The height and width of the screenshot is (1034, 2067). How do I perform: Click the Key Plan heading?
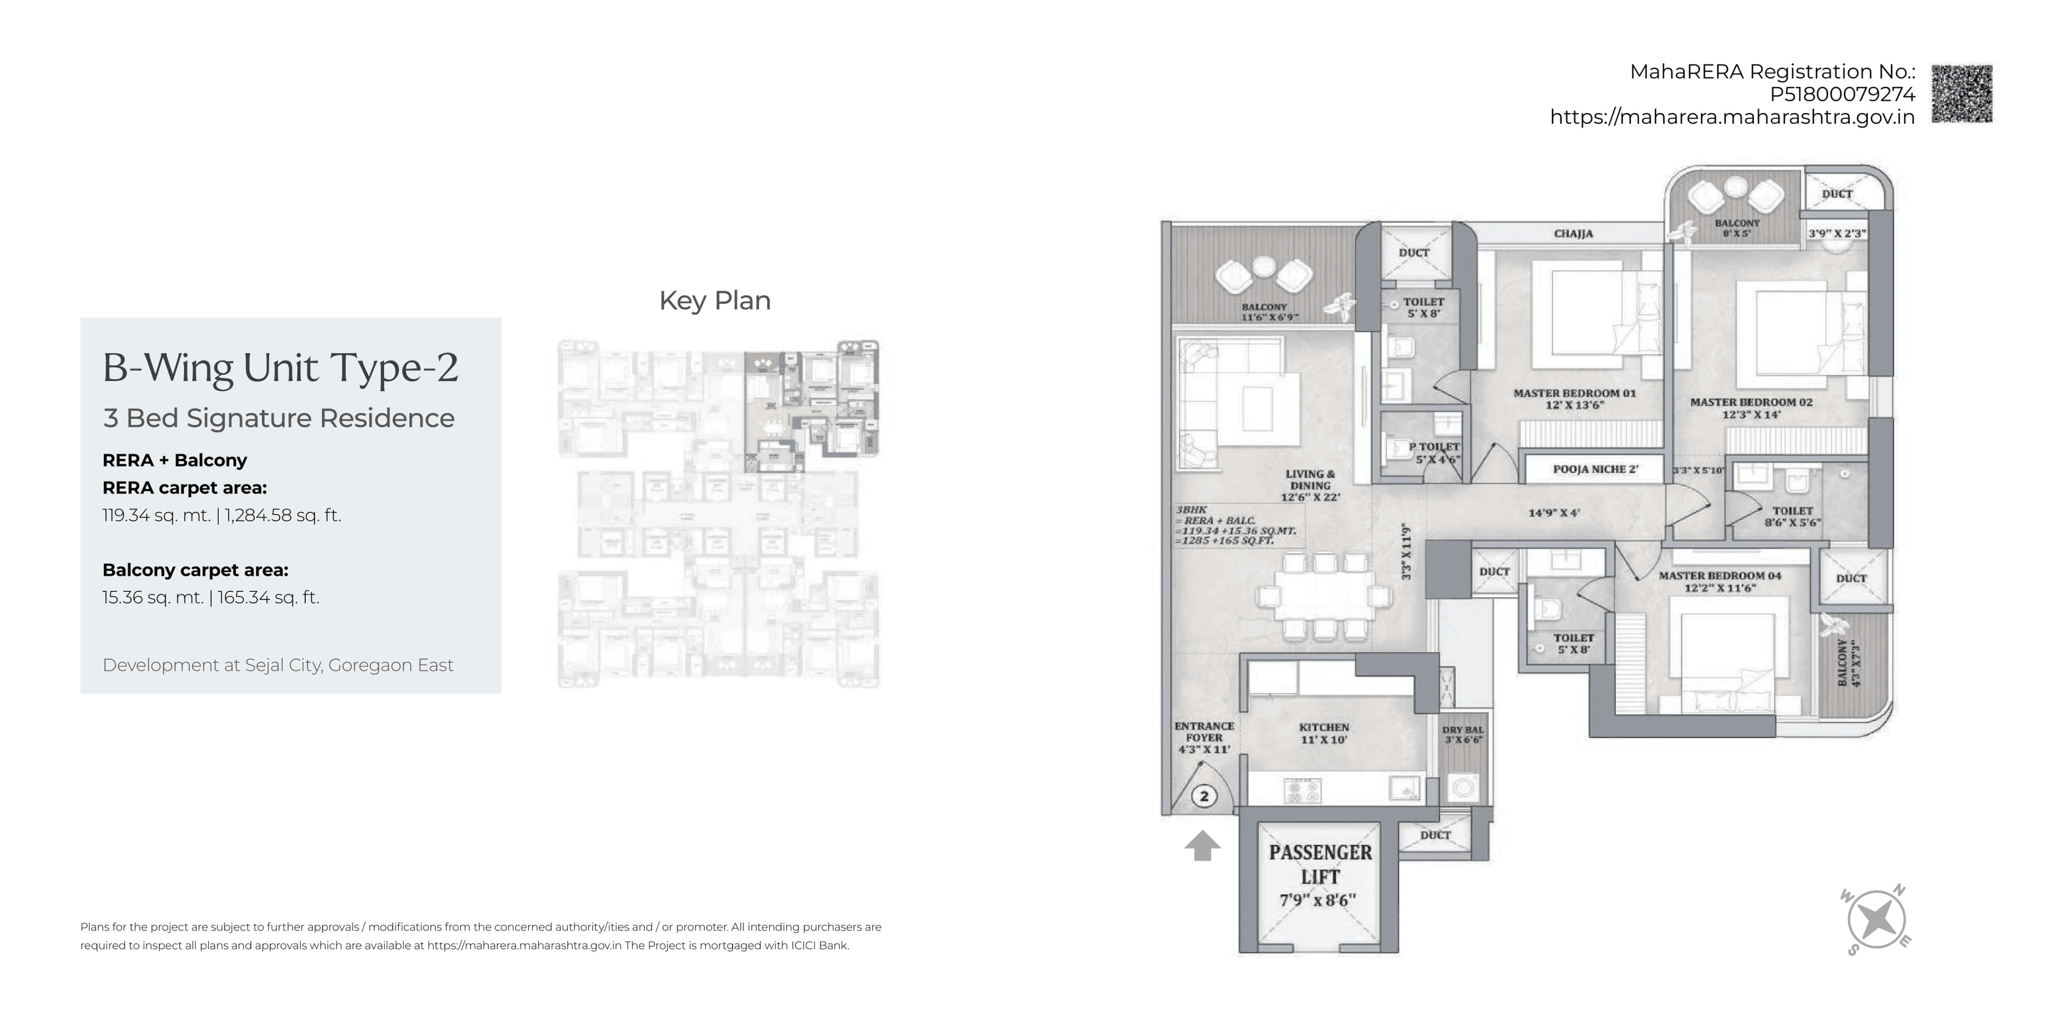tap(714, 301)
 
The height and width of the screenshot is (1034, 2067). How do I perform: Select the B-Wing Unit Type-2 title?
tap(280, 368)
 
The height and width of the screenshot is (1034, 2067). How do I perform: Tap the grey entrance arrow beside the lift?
tap(1202, 846)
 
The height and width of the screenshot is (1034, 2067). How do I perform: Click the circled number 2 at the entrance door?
tap(1204, 797)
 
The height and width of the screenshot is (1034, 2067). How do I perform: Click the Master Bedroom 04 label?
tap(1720, 581)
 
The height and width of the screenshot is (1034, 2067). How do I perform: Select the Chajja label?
tap(1573, 234)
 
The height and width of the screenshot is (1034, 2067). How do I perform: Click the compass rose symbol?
tap(1876, 920)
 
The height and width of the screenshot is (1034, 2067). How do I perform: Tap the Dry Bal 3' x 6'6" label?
tap(1463, 735)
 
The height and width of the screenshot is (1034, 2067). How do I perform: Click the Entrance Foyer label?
tap(1204, 737)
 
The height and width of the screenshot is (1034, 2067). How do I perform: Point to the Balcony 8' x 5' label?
tap(1736, 228)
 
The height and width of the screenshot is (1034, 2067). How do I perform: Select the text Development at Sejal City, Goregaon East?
tap(278, 665)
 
